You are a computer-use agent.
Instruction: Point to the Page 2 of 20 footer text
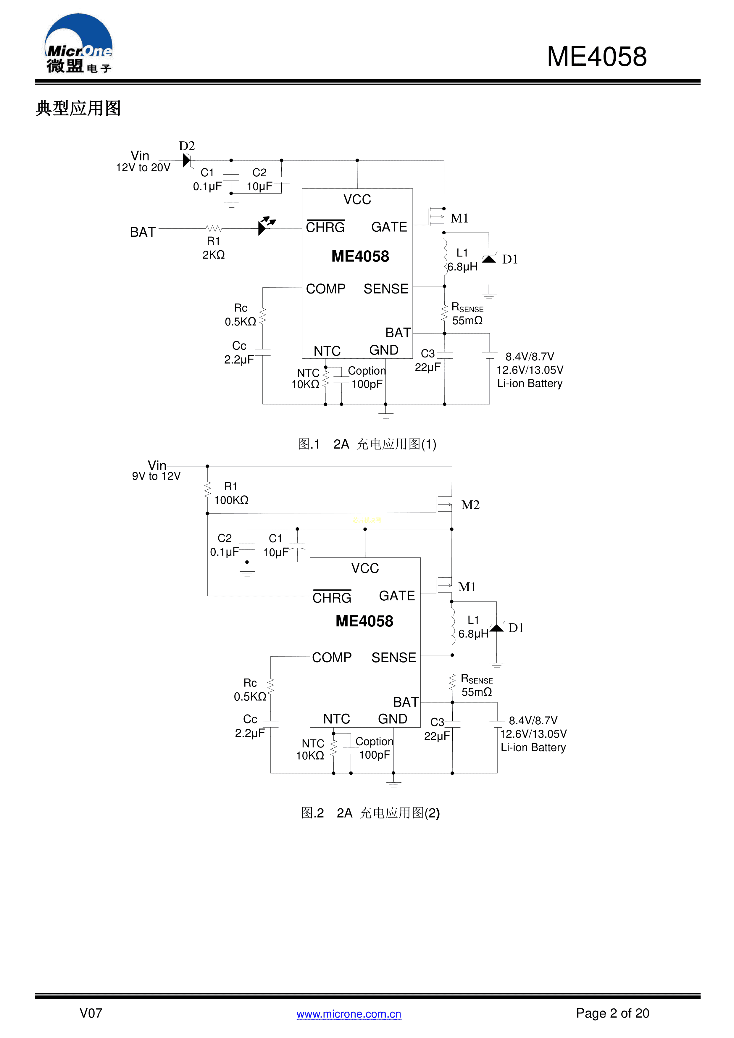pos(612,1013)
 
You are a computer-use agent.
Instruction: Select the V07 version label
pos(91,1013)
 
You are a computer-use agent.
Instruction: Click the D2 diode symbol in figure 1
pos(187,160)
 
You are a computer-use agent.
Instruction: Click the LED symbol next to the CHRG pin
pos(265,225)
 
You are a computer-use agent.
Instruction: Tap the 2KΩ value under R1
pos(213,255)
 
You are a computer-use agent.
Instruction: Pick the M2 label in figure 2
pos(470,505)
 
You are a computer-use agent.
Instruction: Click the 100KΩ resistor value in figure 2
pos(231,500)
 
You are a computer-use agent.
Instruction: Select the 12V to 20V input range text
pos(143,168)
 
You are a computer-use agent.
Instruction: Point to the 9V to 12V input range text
pos(156,476)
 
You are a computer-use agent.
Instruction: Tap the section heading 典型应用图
pos(78,109)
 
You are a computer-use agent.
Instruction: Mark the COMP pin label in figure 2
pos(331,657)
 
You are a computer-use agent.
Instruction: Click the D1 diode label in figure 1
pos(510,259)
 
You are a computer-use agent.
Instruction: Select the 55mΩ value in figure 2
pos(476,692)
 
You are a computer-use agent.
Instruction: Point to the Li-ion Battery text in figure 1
pos(530,383)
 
